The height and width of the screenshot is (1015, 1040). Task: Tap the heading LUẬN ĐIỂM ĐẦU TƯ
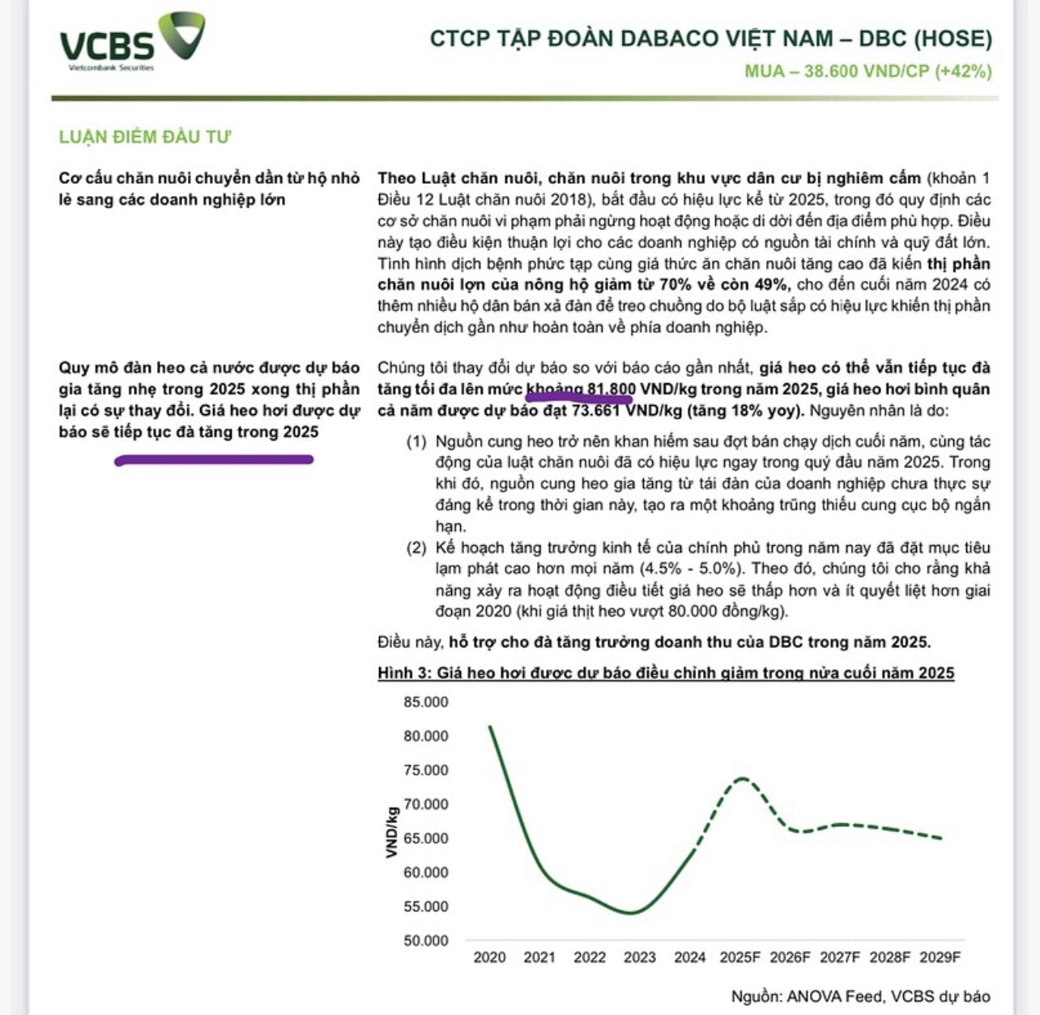click(x=145, y=137)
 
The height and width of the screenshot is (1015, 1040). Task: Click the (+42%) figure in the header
click(x=963, y=71)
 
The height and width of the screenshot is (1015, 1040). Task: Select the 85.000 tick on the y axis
click(x=425, y=702)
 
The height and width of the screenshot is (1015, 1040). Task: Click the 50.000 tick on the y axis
click(x=425, y=940)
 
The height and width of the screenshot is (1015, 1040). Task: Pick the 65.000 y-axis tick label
click(x=425, y=838)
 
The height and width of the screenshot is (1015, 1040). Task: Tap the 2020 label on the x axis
click(x=489, y=957)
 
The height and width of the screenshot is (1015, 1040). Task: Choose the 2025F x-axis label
click(x=740, y=957)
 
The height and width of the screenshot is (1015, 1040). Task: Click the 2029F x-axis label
click(x=940, y=957)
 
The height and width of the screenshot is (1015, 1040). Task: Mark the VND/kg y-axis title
click(x=392, y=832)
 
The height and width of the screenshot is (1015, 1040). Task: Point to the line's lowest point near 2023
click(x=632, y=913)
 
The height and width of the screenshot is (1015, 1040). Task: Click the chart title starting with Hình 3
click(x=666, y=673)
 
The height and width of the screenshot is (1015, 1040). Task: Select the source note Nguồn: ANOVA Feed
click(x=860, y=996)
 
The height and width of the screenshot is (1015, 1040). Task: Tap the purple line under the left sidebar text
click(x=214, y=460)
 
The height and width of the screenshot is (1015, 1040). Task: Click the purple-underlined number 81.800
click(x=612, y=390)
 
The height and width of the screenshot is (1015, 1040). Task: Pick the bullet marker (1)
click(x=416, y=442)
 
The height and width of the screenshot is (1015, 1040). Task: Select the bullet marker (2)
click(x=416, y=548)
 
